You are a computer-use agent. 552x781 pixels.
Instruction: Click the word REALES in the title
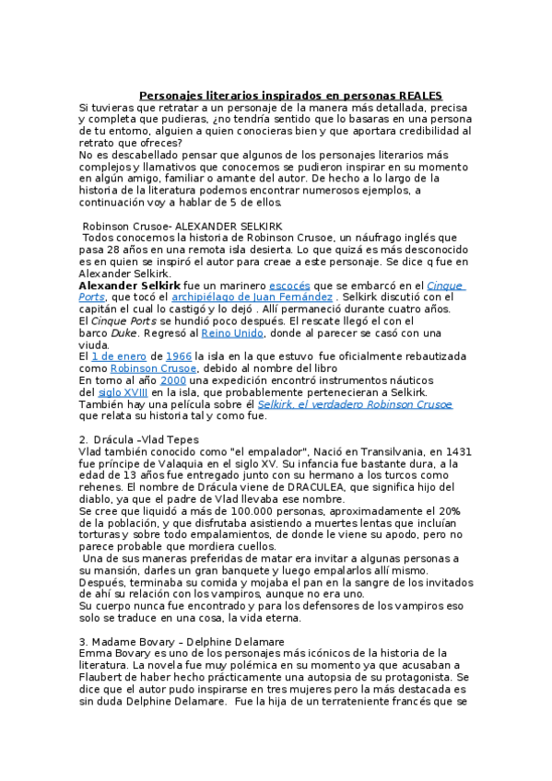(420, 95)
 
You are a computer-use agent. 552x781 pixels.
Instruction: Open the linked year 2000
(172, 379)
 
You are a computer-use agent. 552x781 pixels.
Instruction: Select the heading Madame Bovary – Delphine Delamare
(190, 641)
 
